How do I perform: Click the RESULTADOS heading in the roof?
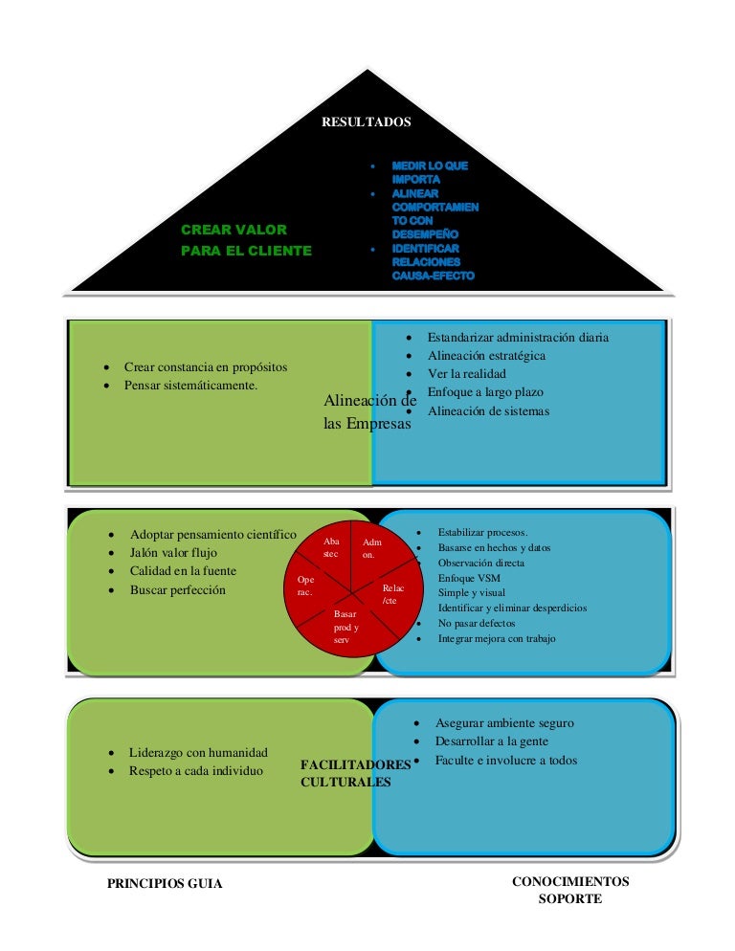pos(367,122)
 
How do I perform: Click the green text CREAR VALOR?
pos(234,230)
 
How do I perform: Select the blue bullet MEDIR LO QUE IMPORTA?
pos(429,172)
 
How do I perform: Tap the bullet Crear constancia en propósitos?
pos(206,367)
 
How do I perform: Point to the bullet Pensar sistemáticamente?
pos(191,386)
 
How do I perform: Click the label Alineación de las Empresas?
pos(369,411)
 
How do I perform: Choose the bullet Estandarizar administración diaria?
pos(518,337)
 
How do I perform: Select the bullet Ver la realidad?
pos(467,373)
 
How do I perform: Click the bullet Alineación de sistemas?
pos(488,410)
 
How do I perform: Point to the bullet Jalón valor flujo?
pos(173,552)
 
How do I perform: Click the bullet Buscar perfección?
pos(178,589)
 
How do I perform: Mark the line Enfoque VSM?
pos(469,579)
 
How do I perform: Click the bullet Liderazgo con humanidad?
pos(198,752)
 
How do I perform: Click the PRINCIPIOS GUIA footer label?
pos(165,884)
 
